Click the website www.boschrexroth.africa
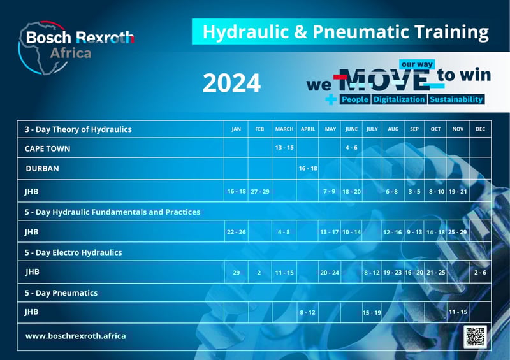(75, 336)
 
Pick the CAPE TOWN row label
(47, 148)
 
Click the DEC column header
(480, 129)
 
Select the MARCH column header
(284, 129)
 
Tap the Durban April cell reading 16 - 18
(308, 169)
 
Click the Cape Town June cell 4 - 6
(351, 148)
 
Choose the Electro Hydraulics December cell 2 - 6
(480, 273)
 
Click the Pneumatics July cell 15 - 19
(372, 313)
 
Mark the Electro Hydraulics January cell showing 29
(236, 273)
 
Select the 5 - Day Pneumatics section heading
(61, 293)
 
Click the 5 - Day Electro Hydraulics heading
(73, 252)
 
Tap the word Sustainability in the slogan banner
(456, 100)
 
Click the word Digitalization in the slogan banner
(399, 100)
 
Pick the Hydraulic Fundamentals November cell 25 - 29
(457, 232)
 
